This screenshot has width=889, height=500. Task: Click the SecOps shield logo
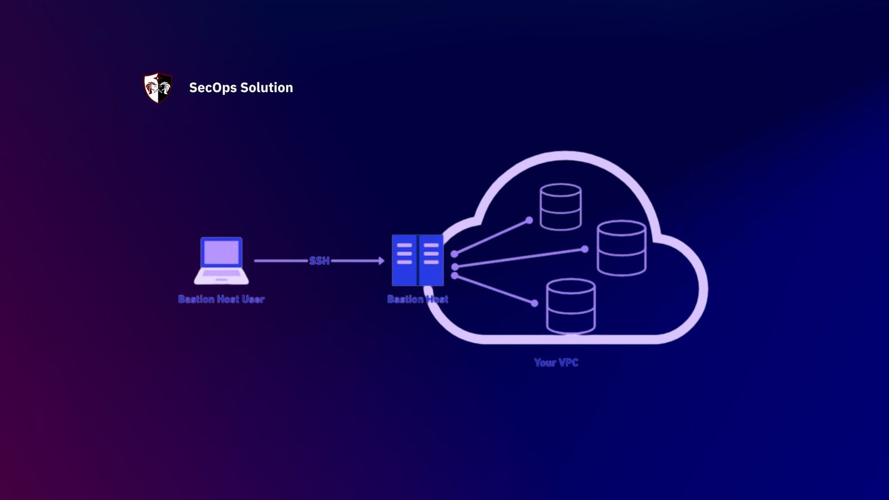(158, 88)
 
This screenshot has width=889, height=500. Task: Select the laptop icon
(221, 261)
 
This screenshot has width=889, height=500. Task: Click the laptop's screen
(221, 253)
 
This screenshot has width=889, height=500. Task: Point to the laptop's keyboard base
(221, 276)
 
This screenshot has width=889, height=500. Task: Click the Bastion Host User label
(221, 299)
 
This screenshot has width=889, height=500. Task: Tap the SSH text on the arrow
(319, 261)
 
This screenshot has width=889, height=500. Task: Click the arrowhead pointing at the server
(381, 261)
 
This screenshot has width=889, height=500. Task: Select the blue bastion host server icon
(418, 260)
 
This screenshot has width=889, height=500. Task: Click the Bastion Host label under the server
(418, 299)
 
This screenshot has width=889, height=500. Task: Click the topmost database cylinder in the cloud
(561, 207)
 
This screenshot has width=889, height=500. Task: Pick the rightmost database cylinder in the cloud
(621, 248)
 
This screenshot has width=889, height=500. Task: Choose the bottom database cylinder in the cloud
(571, 306)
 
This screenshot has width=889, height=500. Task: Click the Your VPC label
(556, 362)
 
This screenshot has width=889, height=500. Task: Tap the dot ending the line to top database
(529, 221)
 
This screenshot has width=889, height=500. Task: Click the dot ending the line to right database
(585, 249)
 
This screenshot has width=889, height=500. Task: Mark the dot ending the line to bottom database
(534, 303)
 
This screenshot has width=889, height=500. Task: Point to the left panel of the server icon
(404, 260)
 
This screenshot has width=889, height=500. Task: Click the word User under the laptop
(253, 299)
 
